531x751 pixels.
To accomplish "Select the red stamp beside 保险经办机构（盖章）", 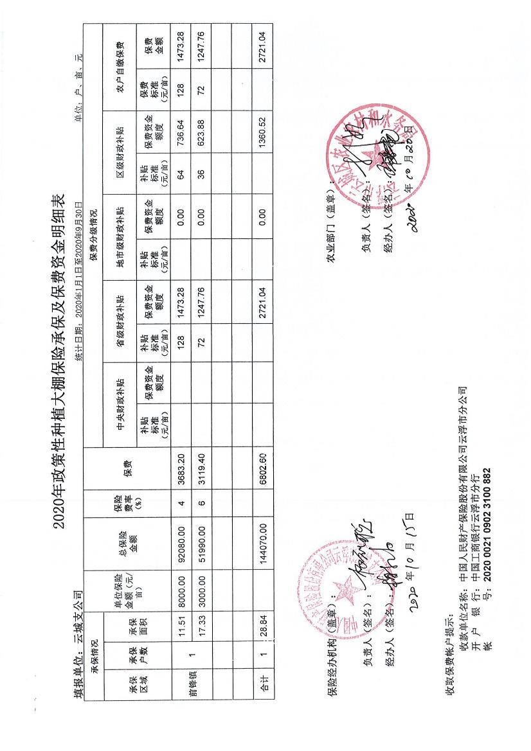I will [347, 578].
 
